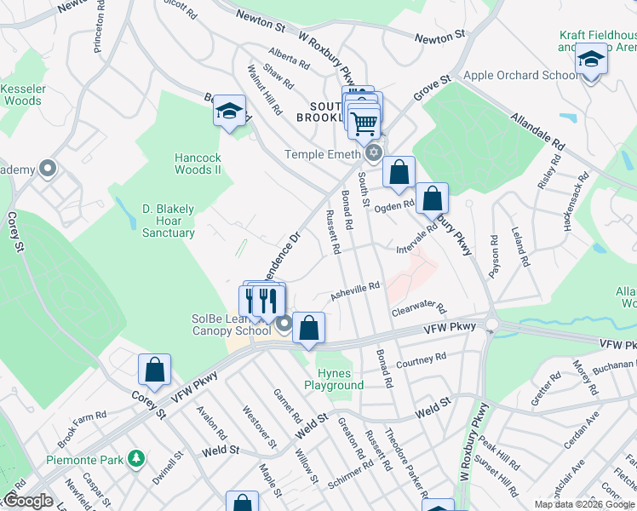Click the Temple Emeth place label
click(323, 154)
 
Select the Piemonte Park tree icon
click(135, 459)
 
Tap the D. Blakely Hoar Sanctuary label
click(169, 221)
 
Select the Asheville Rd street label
click(355, 291)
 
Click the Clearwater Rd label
click(419, 307)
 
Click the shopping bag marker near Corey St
click(154, 369)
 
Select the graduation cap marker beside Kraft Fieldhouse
click(590, 60)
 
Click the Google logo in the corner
click(28, 501)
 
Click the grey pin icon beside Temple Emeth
click(373, 154)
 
